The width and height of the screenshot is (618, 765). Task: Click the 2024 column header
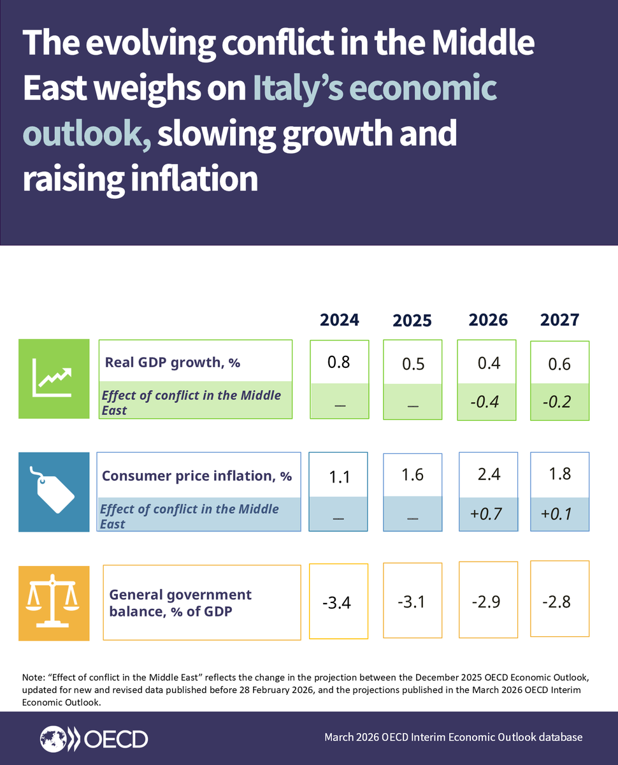point(339,319)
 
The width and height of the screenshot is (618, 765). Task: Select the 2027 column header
point(559,319)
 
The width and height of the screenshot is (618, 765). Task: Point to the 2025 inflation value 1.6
point(413,475)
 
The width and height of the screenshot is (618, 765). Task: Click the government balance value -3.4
point(339,602)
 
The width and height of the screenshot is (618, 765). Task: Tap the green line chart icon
point(54,379)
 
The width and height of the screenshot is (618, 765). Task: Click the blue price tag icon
point(54,492)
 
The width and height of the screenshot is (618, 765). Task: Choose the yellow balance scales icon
point(54,602)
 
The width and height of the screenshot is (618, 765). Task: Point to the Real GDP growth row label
point(172,363)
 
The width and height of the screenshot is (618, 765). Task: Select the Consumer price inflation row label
point(197,476)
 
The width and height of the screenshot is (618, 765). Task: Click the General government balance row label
point(180,602)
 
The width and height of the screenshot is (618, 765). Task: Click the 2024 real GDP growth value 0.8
point(339,362)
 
